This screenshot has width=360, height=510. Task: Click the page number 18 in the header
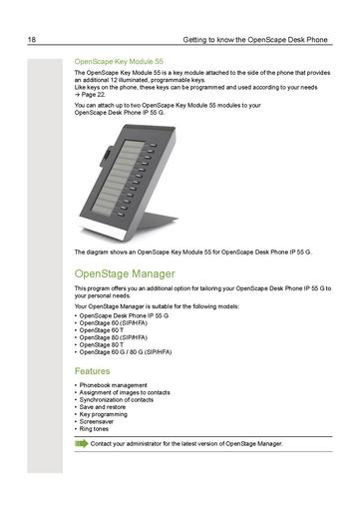point(32,40)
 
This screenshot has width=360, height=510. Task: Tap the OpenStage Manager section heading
point(125,272)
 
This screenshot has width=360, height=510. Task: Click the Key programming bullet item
point(105,414)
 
